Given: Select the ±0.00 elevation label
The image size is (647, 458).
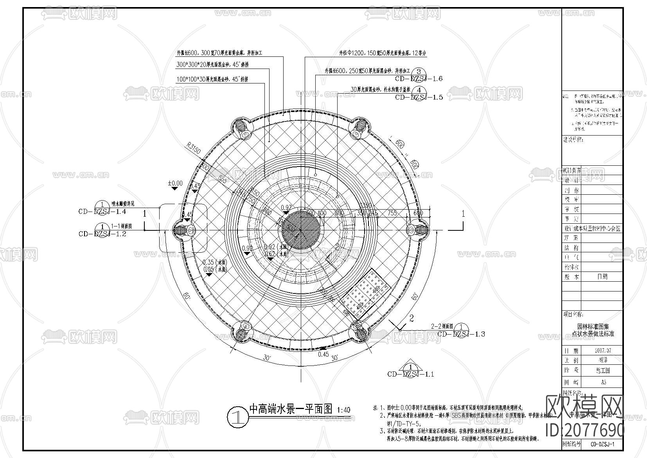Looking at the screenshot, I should pos(175,183).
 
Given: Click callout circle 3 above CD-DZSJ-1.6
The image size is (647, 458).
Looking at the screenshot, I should pos(419,71).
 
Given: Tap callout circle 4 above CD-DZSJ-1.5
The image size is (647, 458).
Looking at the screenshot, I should pos(419,90).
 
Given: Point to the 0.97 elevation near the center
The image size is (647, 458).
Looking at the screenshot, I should pos(286,207).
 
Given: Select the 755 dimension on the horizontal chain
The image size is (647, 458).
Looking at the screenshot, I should pos(392,213).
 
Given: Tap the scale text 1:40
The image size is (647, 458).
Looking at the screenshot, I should pos(343,410).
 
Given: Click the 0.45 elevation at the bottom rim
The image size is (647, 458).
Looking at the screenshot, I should pos(323,354).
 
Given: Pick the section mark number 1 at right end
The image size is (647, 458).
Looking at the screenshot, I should pos(463,214).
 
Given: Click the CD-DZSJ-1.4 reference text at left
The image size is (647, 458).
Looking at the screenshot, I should pos(102,212).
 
